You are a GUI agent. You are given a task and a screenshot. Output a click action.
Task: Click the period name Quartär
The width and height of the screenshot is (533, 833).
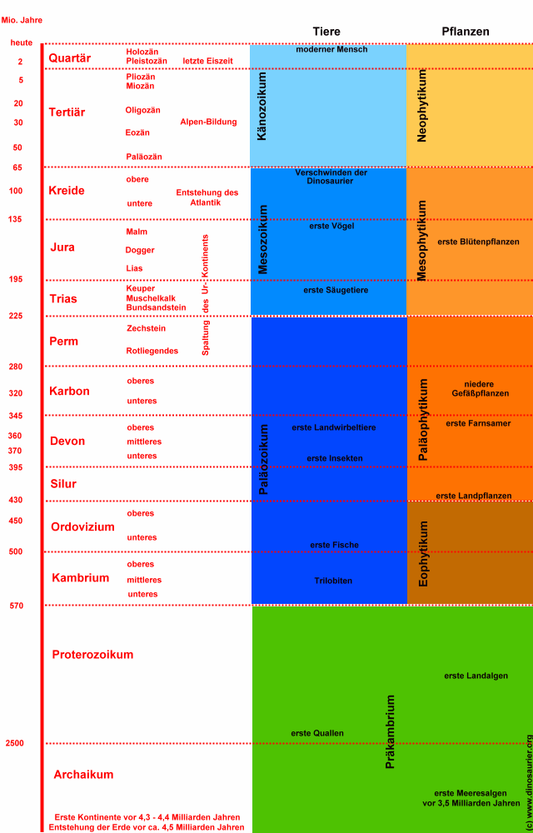pyautogui.click(x=70, y=58)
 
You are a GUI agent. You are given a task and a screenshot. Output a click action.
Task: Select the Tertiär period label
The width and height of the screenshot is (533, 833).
pyautogui.click(x=67, y=112)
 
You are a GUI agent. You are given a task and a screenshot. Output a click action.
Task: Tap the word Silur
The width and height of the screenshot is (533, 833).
pyautogui.click(x=62, y=484)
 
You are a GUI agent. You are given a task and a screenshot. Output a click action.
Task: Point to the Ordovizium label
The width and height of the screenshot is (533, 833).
pyautogui.click(x=82, y=527)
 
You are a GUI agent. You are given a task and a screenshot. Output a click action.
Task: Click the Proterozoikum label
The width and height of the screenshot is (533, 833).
pyautogui.click(x=92, y=655)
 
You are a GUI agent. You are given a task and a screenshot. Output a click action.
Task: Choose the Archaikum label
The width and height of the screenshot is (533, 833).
pyautogui.click(x=83, y=775)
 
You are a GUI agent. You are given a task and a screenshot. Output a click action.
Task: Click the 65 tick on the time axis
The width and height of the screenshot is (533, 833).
pyautogui.click(x=17, y=167)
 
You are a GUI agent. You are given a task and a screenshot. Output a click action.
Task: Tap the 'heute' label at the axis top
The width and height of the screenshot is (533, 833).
pyautogui.click(x=21, y=42)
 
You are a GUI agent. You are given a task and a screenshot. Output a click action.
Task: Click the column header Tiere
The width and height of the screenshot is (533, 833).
pyautogui.click(x=326, y=32)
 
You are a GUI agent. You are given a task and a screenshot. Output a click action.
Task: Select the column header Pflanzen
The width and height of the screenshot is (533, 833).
pyautogui.click(x=466, y=32)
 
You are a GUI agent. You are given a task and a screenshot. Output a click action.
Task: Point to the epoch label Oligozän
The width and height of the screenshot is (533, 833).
pyautogui.click(x=142, y=110)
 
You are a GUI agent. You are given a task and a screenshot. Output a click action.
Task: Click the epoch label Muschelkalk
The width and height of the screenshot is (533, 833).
pyautogui.click(x=151, y=298)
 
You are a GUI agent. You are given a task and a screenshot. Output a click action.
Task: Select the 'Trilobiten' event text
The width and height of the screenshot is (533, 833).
pyautogui.click(x=334, y=580)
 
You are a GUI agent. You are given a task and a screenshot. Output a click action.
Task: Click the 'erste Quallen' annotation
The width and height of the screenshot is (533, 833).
pyautogui.click(x=316, y=733)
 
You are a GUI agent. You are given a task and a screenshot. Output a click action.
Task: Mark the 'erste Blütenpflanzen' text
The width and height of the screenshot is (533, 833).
pyautogui.click(x=478, y=242)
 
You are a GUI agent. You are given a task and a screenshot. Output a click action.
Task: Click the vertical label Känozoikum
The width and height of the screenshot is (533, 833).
pyautogui.click(x=262, y=117)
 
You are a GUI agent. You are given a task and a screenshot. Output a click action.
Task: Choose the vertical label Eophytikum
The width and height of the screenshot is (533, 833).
pyautogui.click(x=424, y=554)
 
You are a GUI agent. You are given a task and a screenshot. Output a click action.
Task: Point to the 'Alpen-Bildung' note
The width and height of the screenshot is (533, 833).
pyautogui.click(x=208, y=122)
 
